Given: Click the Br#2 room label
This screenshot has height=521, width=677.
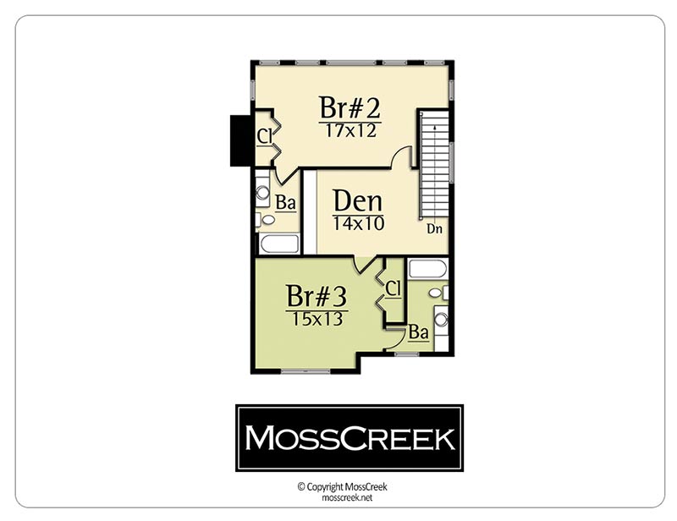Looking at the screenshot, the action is pyautogui.click(x=350, y=107).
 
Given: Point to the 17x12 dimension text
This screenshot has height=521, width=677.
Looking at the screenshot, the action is pyautogui.click(x=350, y=130).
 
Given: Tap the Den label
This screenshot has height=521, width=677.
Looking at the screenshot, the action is pyautogui.click(x=357, y=201).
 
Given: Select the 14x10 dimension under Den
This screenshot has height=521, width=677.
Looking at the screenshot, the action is pyautogui.click(x=358, y=223).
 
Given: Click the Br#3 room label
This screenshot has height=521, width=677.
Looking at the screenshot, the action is pyautogui.click(x=316, y=296).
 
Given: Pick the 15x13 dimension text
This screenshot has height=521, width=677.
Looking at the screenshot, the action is pyautogui.click(x=317, y=319).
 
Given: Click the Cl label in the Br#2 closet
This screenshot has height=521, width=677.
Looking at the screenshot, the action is pyautogui.click(x=264, y=136).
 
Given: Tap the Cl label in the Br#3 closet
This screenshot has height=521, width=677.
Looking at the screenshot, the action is pyautogui.click(x=393, y=288).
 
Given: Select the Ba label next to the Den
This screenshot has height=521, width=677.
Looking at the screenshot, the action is pyautogui.click(x=285, y=202).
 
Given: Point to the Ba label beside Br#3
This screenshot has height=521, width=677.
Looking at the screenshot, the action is pyautogui.click(x=418, y=332).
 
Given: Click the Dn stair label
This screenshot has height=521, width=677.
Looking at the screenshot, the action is pyautogui.click(x=435, y=228).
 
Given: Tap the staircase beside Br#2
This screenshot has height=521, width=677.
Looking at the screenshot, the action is pyautogui.click(x=434, y=165).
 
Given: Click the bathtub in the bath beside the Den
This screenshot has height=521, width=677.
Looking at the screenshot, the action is pyautogui.click(x=279, y=244).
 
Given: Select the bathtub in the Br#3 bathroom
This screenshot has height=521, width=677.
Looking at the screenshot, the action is pyautogui.click(x=427, y=269).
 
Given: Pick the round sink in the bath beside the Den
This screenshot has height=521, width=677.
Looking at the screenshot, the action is pyautogui.click(x=262, y=192).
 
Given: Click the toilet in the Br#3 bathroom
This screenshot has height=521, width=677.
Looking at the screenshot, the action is pyautogui.click(x=438, y=293).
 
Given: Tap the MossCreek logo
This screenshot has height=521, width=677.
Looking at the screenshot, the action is pyautogui.click(x=350, y=438).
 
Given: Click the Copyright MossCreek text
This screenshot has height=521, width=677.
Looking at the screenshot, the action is pyautogui.click(x=343, y=487).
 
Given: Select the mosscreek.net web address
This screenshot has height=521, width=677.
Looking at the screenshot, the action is pyautogui.click(x=347, y=497).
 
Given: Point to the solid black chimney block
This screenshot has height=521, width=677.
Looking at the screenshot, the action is pyautogui.click(x=241, y=140).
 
